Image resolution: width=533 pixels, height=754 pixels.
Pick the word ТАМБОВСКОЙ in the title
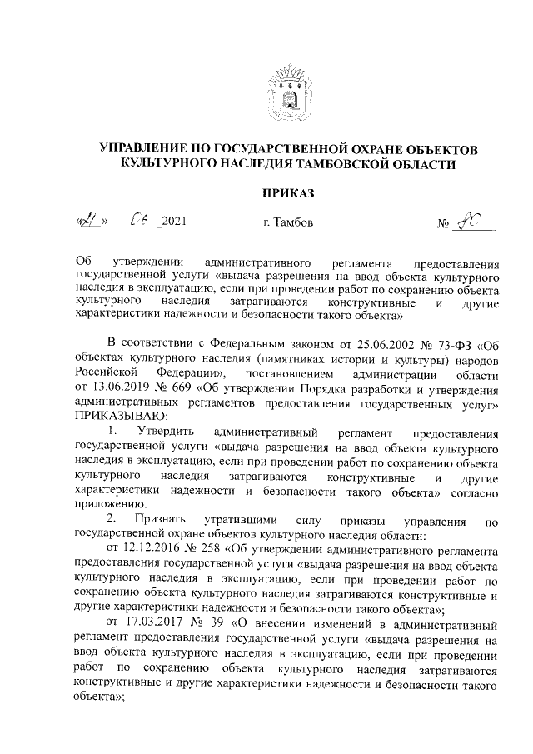click(x=347, y=165)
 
